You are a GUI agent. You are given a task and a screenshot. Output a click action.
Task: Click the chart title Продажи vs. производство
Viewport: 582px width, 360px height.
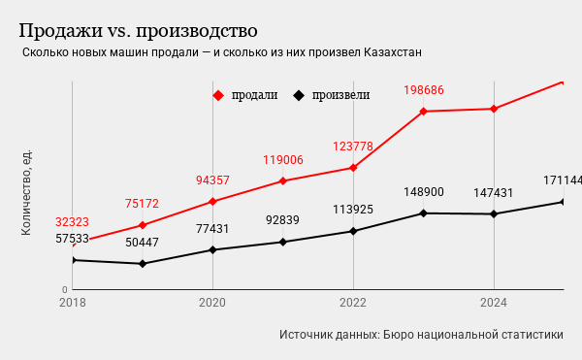138,31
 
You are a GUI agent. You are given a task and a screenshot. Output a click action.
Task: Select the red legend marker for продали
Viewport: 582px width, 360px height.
218,95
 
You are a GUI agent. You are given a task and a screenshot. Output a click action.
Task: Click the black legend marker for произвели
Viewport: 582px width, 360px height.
299,95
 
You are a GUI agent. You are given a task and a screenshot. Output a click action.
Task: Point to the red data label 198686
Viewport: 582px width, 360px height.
424,90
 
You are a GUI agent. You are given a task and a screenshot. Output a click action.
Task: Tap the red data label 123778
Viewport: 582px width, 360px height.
353,147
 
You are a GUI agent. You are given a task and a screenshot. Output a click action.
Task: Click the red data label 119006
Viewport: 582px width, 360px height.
283,160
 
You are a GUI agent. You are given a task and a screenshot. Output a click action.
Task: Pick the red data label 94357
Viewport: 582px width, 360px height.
212,180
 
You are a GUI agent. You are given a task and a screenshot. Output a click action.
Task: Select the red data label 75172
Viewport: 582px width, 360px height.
142,204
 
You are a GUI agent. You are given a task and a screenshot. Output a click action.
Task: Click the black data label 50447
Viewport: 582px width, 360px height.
142,243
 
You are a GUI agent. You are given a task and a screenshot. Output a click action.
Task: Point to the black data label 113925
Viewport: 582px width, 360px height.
353,210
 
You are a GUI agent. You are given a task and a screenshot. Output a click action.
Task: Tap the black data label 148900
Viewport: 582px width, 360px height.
424,192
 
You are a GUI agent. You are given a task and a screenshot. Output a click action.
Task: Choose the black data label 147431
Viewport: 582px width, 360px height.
494,193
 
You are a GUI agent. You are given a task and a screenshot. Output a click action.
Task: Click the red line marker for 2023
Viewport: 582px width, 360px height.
424,112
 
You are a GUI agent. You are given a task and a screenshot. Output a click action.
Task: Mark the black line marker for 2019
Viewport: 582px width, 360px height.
143,264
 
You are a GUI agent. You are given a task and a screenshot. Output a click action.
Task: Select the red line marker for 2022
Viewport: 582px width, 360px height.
353,168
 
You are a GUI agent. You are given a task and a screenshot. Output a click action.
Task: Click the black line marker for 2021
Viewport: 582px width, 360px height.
283,242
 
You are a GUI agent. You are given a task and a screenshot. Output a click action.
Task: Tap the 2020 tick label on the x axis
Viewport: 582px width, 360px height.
212,303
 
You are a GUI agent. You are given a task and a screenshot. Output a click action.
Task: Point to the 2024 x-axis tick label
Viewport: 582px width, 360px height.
494,303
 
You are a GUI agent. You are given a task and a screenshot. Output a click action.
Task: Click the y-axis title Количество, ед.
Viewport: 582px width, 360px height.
26,192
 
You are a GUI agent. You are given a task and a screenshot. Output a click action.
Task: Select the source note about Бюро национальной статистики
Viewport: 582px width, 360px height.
421,335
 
